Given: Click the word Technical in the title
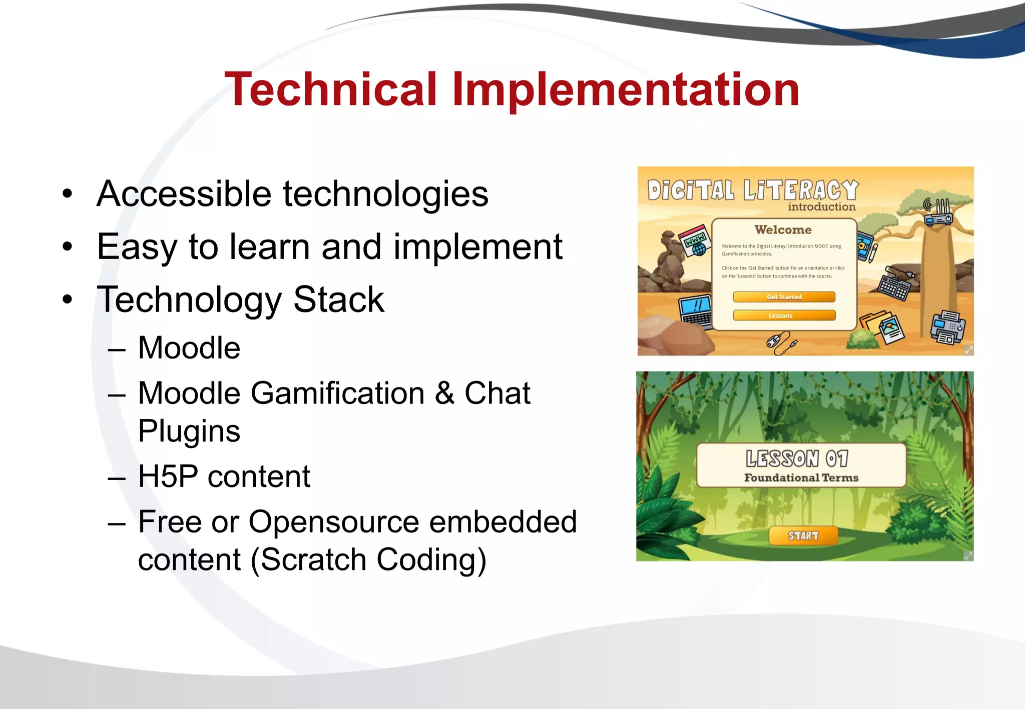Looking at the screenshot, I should pos(331,89).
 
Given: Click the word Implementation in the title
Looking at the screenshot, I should pos(625,89).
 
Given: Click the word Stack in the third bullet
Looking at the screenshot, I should pos(339,299).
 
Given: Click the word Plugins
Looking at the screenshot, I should pos(189,431).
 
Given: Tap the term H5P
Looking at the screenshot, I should pos(168,476).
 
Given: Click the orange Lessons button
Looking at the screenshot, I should pos(784,315).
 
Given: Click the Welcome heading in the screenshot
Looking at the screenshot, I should pos(783,229).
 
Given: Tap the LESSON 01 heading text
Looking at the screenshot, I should pos(797,458).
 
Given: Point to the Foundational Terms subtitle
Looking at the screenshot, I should pos(801,478).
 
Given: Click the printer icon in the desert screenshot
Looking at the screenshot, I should pos(947,328).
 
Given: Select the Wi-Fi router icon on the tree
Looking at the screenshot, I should pos(938,212).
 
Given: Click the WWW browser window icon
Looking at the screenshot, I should pos(696,241).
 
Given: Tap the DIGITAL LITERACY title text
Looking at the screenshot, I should pos(752,190).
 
